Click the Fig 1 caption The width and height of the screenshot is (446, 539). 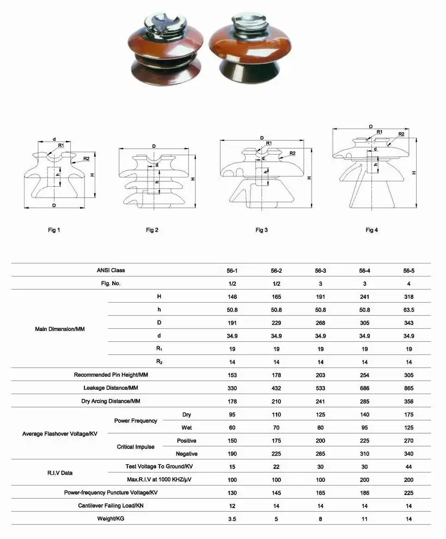tap(53, 230)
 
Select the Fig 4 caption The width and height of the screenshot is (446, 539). tap(371, 230)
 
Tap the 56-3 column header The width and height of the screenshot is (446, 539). tap(321, 271)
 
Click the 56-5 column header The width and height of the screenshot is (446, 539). tap(409, 271)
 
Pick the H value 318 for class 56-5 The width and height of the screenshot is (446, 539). tap(409, 297)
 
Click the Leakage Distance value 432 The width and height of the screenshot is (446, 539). tap(276, 388)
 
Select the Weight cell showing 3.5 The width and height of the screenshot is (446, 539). tap(232, 519)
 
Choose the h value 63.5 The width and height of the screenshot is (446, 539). tap(409, 310)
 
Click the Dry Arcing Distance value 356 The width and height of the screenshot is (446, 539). tap(409, 401)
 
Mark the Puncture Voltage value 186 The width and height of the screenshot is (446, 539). tap(365, 493)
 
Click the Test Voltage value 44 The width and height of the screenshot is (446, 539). tap(409, 467)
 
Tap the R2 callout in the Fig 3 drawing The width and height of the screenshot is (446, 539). tap(292, 153)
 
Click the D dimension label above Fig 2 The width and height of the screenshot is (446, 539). tap(154, 146)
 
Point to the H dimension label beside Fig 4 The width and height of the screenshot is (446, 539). tap(414, 173)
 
